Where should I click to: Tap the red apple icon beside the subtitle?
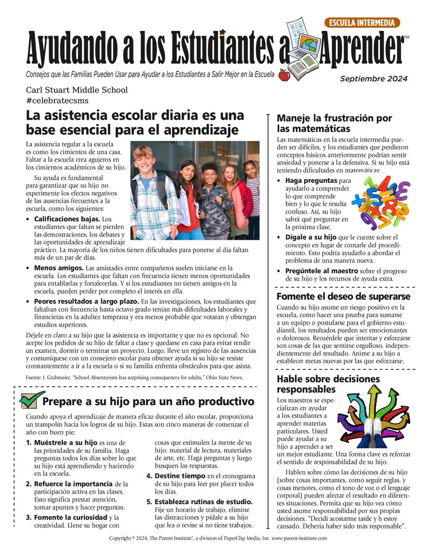pos(284,75)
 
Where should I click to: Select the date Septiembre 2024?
pos(373,78)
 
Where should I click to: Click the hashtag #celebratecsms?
pos(57,101)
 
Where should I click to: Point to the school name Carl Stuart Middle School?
pos(77,90)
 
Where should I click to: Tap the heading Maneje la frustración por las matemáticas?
pos(334,123)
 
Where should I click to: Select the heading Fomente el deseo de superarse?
pos(343,296)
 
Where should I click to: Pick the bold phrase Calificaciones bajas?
pos(66,219)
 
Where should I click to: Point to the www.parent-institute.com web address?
pos(298,539)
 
